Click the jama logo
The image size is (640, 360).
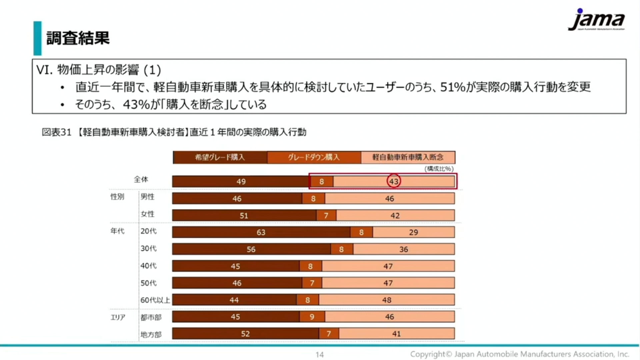596,20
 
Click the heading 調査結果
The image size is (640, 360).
78,38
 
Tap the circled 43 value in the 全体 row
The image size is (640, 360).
394,181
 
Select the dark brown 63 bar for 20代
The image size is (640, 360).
261,232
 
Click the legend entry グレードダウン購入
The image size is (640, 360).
314,157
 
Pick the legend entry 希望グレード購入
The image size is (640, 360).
220,157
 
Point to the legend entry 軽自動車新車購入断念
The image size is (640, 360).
408,157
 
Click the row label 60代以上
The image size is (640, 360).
155,300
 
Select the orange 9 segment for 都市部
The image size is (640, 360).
312,317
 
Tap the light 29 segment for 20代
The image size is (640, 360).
413,232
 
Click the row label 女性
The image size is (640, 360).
147,214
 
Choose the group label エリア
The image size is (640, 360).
118,317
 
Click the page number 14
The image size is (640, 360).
319,355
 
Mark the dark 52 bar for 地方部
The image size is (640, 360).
245,334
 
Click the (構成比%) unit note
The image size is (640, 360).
439,169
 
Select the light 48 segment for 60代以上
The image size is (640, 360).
387,300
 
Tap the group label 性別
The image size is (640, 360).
117,197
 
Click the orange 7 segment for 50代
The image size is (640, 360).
312,283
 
